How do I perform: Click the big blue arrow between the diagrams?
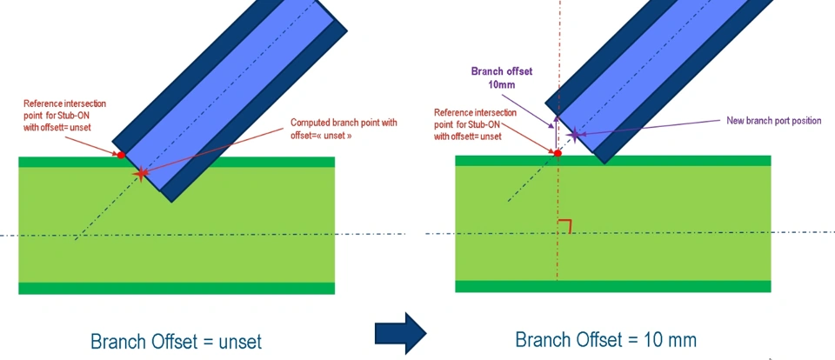tap(400, 332)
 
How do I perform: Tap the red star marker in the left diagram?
tap(141, 174)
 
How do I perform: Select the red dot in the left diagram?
tap(121, 155)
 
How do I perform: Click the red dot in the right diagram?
tap(558, 153)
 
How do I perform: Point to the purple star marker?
tap(574, 134)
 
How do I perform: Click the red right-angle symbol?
tap(565, 227)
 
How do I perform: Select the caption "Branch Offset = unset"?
tap(177, 340)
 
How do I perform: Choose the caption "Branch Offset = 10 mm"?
tap(606, 339)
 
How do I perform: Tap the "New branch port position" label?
tap(773, 121)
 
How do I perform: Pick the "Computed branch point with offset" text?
tap(344, 130)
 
